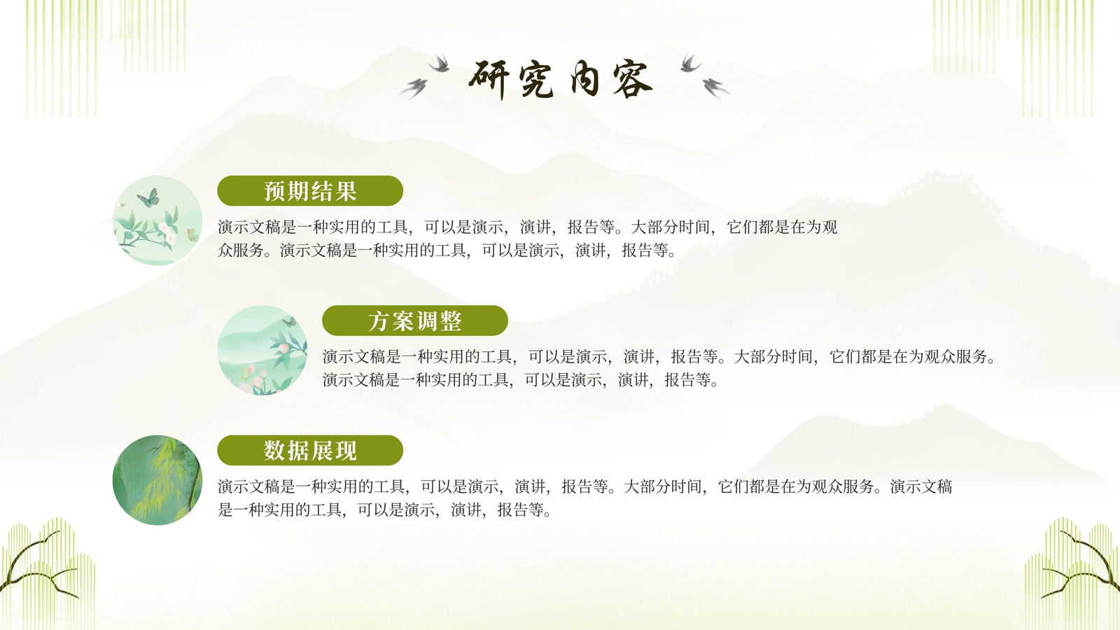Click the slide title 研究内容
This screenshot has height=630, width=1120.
(560, 79)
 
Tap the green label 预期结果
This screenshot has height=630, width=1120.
(310, 190)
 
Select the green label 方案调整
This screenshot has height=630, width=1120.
(415, 321)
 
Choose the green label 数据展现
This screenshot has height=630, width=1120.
(310, 450)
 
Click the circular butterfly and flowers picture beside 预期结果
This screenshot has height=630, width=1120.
(157, 220)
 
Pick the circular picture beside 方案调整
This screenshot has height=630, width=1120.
(262, 350)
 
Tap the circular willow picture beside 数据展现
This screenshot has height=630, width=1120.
(157, 480)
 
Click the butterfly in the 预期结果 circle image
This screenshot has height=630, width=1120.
(148, 198)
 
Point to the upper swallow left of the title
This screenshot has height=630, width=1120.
(439, 63)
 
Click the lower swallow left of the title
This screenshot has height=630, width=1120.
(414, 88)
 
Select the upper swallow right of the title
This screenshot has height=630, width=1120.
(690, 63)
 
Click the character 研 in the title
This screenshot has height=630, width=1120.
(489, 80)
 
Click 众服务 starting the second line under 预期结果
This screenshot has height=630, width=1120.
(241, 250)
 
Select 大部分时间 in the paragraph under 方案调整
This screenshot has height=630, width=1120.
(773, 356)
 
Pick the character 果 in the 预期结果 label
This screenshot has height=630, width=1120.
(346, 191)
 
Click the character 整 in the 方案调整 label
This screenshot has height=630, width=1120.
(451, 321)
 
